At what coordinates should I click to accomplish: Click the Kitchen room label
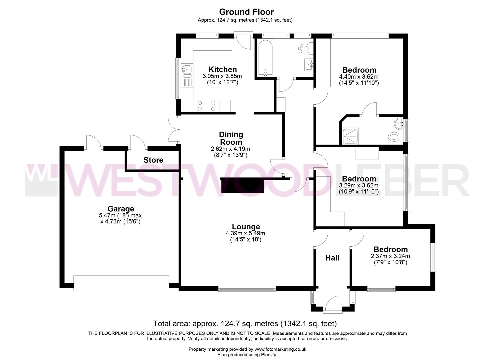(222, 69)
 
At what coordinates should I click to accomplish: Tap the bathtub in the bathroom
(265, 57)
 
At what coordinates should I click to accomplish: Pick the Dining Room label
(231, 138)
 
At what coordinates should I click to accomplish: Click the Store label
(153, 160)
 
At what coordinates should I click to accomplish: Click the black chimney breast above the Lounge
(242, 185)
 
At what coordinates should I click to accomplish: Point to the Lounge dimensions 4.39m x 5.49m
(245, 233)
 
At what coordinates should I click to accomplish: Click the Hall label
(332, 258)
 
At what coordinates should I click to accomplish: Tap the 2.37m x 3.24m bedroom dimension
(390, 256)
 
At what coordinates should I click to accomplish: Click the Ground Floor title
(246, 12)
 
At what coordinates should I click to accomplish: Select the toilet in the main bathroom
(305, 49)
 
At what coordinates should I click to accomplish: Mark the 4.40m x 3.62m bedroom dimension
(359, 77)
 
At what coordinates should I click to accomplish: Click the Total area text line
(245, 323)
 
